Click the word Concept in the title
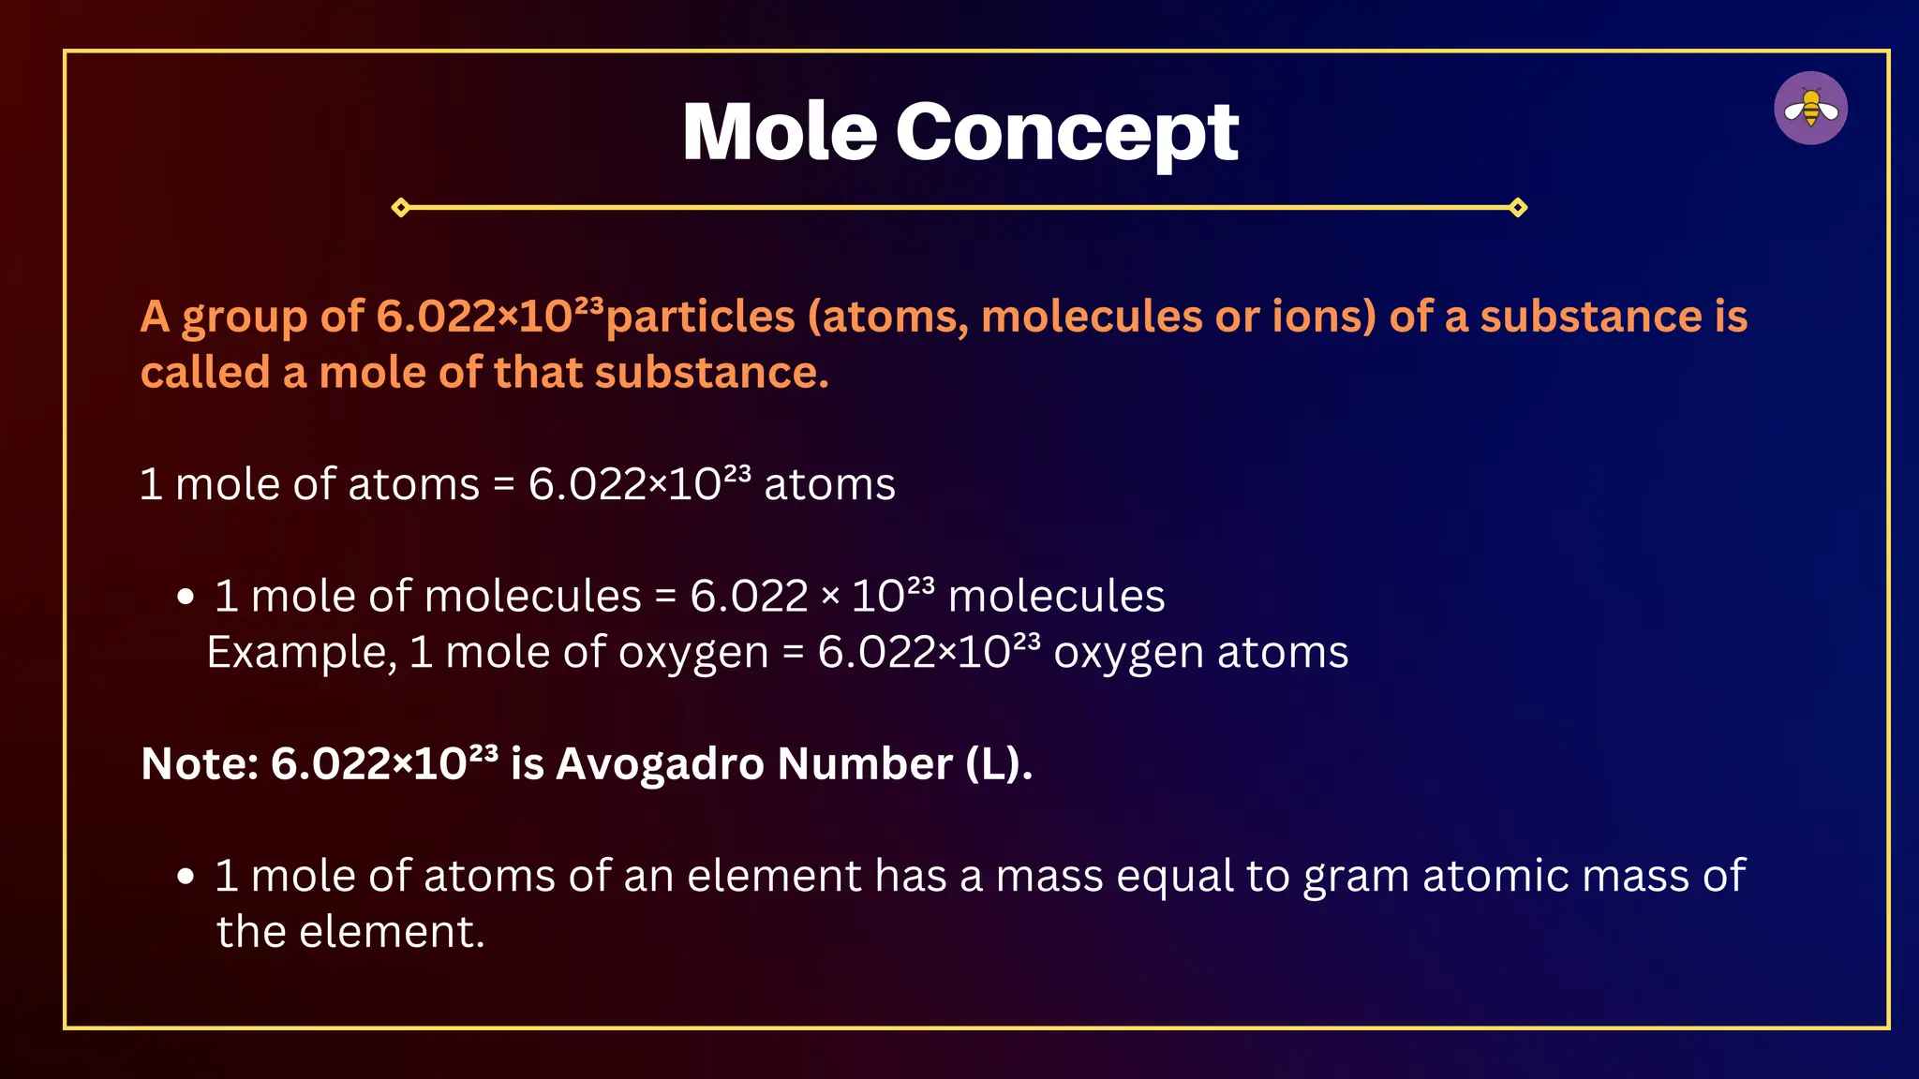[x=1067, y=134]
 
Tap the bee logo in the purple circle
[x=1810, y=109]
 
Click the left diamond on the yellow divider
[x=401, y=207]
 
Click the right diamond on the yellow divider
[x=1518, y=207]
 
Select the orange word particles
[x=701, y=317]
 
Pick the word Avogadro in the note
[x=660, y=764]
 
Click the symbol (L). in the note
[x=999, y=764]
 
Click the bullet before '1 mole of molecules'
[x=186, y=597]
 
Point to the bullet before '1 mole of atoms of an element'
[x=186, y=877]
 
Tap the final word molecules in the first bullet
[x=1056, y=597]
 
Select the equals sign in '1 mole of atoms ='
[x=504, y=485]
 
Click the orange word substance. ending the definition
[x=711, y=373]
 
